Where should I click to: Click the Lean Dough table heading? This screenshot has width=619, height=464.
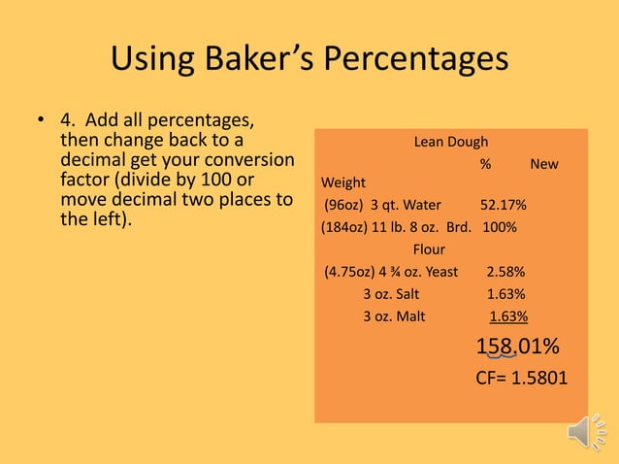point(451,142)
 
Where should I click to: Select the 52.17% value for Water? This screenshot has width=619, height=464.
point(504,205)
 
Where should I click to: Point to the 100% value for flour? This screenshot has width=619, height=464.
point(500,228)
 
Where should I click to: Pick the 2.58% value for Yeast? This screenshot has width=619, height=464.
point(505,271)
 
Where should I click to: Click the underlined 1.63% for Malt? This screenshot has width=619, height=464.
point(508,315)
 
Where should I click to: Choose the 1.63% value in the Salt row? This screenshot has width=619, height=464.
point(505,293)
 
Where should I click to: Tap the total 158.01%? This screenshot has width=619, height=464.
point(516,347)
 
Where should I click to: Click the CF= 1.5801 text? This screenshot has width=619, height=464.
point(522,378)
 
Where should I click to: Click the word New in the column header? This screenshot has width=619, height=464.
point(543,163)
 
